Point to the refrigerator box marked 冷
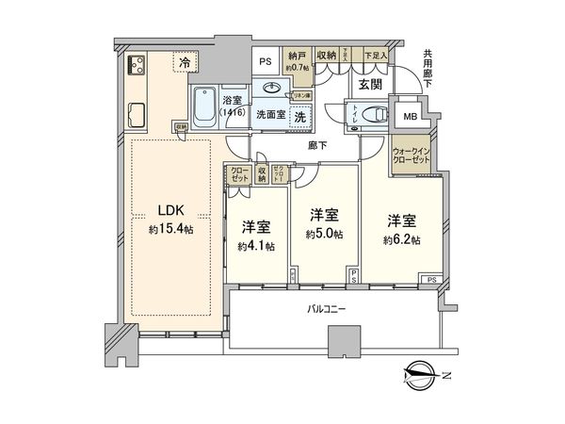click(185, 62)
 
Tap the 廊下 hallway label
click(315, 146)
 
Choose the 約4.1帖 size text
click(257, 247)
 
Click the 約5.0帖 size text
click(324, 235)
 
